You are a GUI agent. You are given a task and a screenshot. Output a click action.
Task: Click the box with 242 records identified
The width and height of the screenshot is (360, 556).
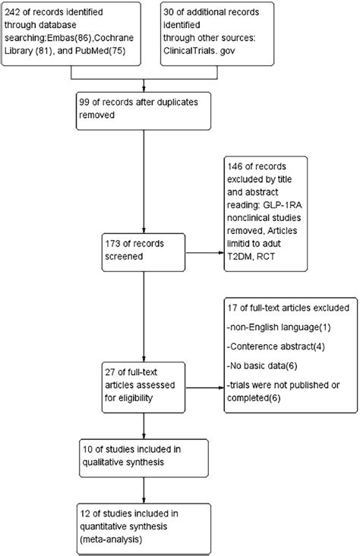click(x=71, y=34)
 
